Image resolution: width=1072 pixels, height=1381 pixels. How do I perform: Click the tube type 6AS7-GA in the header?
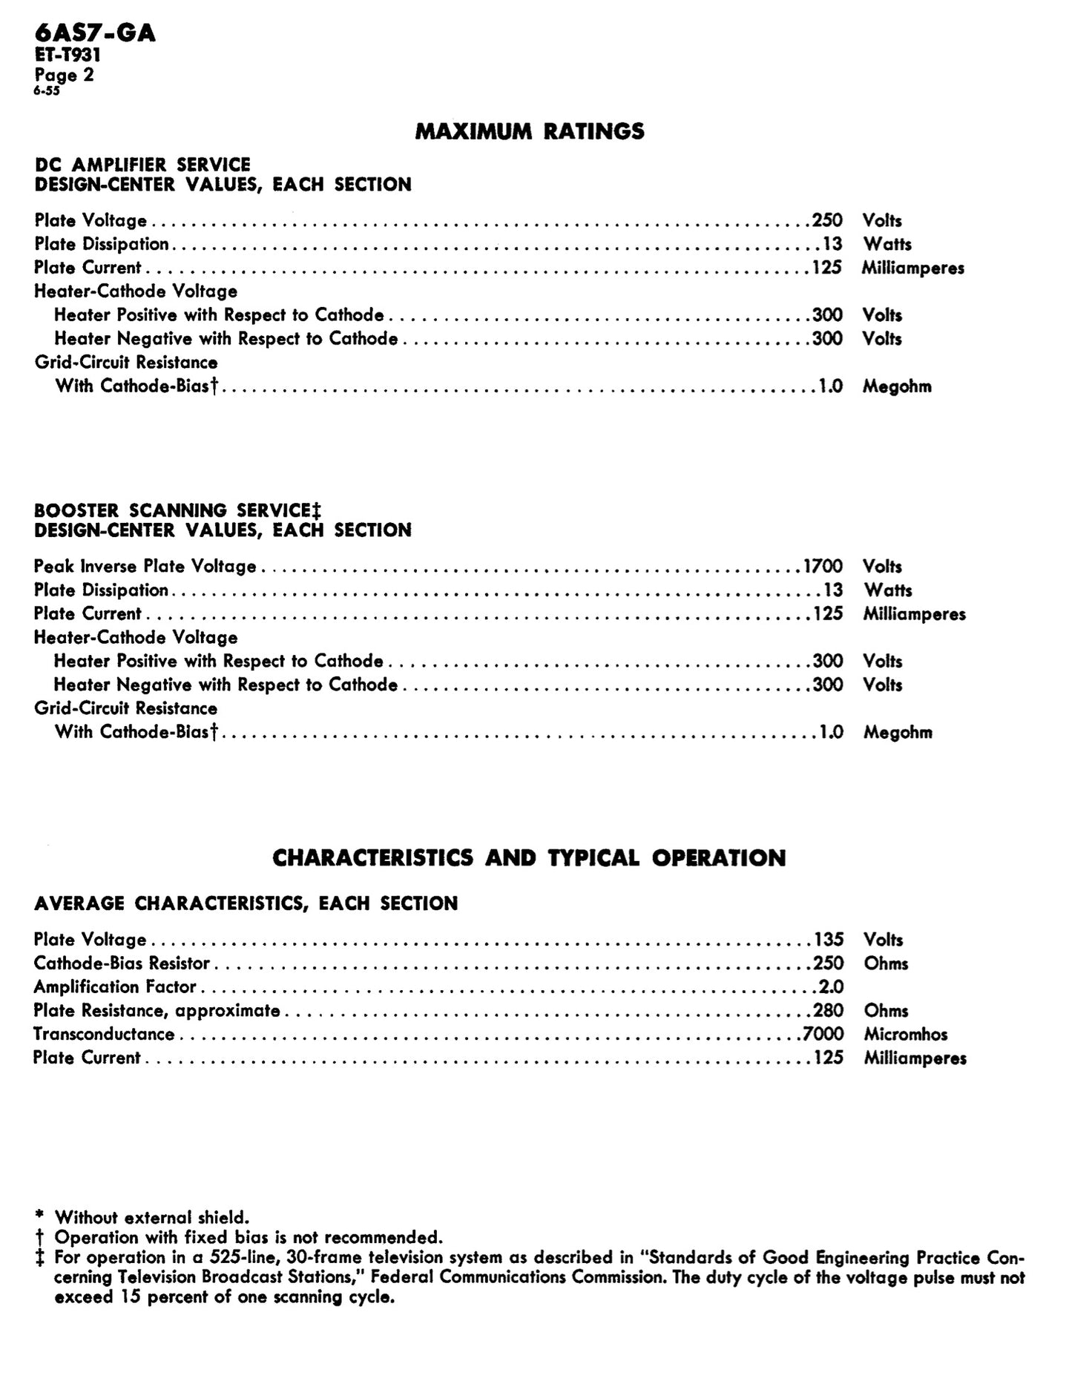click(94, 33)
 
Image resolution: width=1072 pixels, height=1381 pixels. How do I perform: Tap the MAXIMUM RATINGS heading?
click(530, 131)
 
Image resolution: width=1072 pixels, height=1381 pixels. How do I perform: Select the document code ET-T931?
click(68, 55)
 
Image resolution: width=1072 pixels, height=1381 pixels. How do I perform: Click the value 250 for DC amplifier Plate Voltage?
click(827, 220)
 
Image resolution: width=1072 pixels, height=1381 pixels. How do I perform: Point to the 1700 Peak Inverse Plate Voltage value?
click(823, 567)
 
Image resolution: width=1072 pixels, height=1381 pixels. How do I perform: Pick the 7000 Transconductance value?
click(823, 1034)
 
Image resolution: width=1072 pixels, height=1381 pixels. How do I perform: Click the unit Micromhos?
click(905, 1034)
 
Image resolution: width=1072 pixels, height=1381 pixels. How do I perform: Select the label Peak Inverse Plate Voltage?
click(145, 567)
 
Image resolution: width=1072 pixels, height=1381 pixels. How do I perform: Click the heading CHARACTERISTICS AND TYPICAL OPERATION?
click(529, 858)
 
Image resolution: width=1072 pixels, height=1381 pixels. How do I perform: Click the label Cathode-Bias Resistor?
click(122, 963)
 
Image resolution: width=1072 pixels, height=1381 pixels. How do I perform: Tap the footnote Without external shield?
click(152, 1217)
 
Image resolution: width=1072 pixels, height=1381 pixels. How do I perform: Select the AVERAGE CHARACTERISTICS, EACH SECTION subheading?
click(246, 903)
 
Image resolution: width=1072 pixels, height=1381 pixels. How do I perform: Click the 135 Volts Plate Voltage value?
click(829, 940)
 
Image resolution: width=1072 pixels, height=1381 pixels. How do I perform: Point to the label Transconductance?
click(104, 1034)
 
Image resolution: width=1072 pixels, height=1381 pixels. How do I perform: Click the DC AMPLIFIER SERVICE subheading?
click(142, 165)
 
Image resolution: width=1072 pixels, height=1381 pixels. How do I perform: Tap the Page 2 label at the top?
click(64, 75)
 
